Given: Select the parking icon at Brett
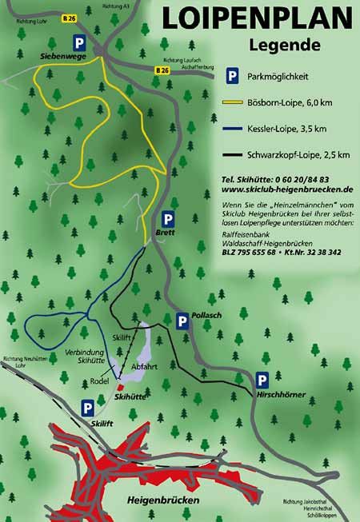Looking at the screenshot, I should (x=168, y=218).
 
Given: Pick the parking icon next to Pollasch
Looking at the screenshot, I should (x=183, y=321).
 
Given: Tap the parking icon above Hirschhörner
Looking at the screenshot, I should (x=262, y=381).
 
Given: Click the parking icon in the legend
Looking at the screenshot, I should (x=232, y=76).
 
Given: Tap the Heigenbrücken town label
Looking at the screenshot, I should (x=162, y=500).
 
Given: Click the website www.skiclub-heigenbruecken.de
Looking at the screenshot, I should (x=286, y=189).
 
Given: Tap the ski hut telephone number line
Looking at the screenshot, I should (x=275, y=179).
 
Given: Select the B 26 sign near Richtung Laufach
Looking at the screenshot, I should (x=163, y=70).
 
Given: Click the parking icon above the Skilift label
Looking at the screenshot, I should (x=87, y=408).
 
